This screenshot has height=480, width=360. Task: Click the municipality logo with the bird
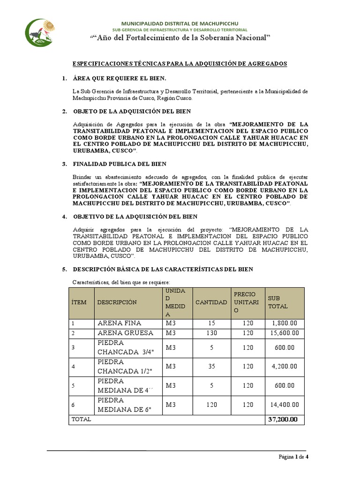tap(40, 33)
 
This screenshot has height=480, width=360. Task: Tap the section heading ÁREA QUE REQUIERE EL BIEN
tap(120, 78)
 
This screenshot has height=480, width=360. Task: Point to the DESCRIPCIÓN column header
tap(117, 302)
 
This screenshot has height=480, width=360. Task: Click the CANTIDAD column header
tap(211, 302)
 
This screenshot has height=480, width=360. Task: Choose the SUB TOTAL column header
tap(277, 302)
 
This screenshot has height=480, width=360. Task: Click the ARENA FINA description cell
tap(119, 323)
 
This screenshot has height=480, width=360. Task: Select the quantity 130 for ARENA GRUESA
tap(211, 333)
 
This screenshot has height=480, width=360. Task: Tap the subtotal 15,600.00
tap(284, 333)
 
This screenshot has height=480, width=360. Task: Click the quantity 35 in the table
tap(211, 366)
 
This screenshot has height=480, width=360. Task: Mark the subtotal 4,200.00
tap(284, 366)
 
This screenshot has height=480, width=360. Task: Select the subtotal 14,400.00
tap(284, 405)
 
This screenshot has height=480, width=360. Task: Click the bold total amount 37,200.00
tap(283, 420)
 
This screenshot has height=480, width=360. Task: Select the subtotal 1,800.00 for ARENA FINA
tap(284, 323)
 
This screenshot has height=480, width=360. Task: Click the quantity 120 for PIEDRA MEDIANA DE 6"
tap(211, 405)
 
